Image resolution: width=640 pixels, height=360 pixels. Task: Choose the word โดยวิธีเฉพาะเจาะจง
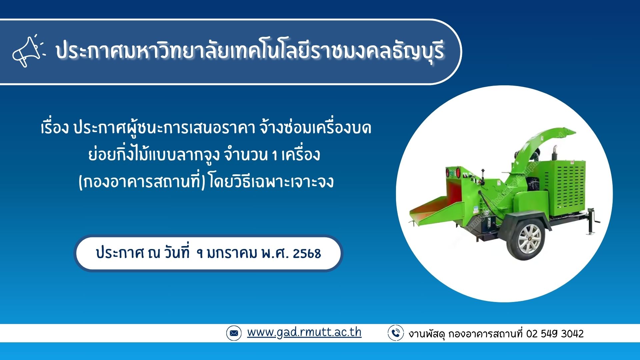coord(271,182)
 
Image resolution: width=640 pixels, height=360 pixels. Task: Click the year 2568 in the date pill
coord(307,254)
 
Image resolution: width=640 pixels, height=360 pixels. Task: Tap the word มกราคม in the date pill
coord(232,253)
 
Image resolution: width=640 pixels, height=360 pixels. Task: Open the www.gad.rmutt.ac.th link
coord(304,332)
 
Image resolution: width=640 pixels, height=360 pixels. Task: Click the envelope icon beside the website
coord(234,333)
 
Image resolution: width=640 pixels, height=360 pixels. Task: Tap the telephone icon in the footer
coord(396,333)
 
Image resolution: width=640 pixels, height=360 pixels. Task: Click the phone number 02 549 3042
coord(555,334)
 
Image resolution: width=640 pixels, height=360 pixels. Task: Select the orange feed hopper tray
coord(433,208)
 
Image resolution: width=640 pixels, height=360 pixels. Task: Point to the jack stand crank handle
coord(594,220)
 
